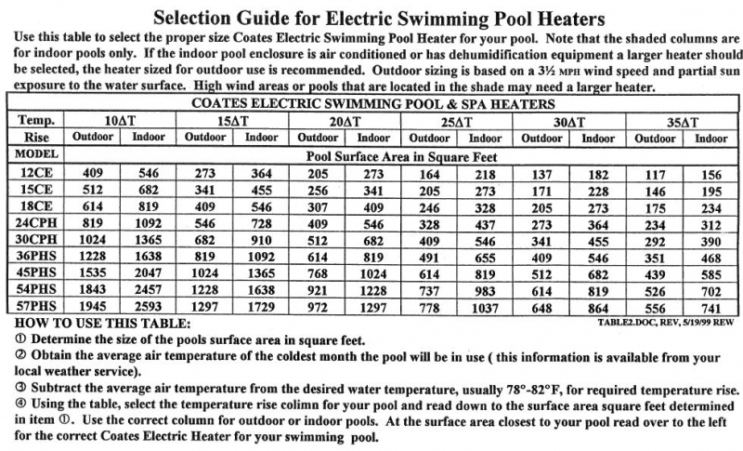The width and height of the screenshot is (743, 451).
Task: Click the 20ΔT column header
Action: point(345,122)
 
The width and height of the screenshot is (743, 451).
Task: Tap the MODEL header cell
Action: point(37,154)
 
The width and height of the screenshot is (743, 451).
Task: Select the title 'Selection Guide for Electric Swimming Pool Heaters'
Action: point(379,17)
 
